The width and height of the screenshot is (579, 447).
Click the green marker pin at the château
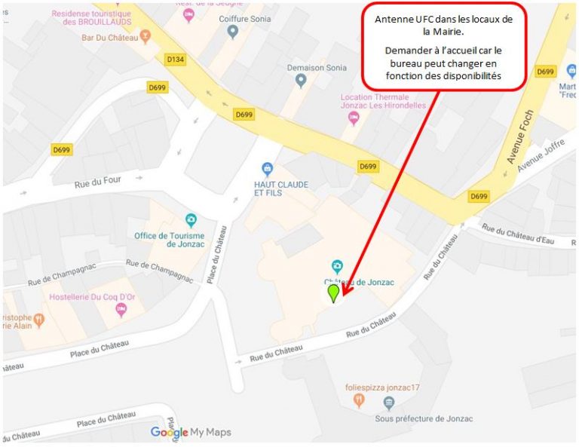pos(333,292)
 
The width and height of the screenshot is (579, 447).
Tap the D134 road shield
pos(176,59)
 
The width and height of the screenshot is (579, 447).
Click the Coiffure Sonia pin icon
pos(232,32)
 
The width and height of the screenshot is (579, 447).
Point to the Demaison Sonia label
pos(317,67)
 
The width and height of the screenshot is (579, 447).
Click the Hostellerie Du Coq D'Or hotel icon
pos(121,311)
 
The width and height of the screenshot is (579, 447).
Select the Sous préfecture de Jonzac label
pos(424,418)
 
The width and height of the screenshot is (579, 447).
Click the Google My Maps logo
pos(191,432)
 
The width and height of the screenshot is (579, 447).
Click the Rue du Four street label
pos(98,182)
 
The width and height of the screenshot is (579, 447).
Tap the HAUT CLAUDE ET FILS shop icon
pos(266,168)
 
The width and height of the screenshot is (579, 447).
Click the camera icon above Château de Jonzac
pos(337,265)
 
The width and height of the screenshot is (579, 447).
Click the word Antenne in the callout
pos(394,18)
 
